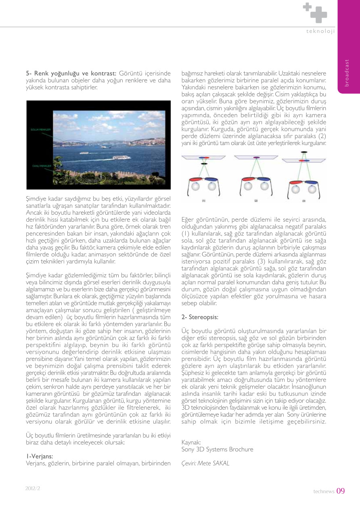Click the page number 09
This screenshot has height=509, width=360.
341,491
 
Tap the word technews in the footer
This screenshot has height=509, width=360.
324,492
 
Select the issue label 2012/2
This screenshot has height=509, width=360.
33,488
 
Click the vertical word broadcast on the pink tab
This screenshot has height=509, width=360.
347,72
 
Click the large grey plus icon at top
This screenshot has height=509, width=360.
318,15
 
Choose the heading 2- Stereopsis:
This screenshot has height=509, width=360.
200,317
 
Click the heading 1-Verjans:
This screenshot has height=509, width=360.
40,456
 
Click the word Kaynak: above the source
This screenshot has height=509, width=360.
191,442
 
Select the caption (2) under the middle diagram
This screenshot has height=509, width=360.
256,200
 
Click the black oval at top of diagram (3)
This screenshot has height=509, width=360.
302,153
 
